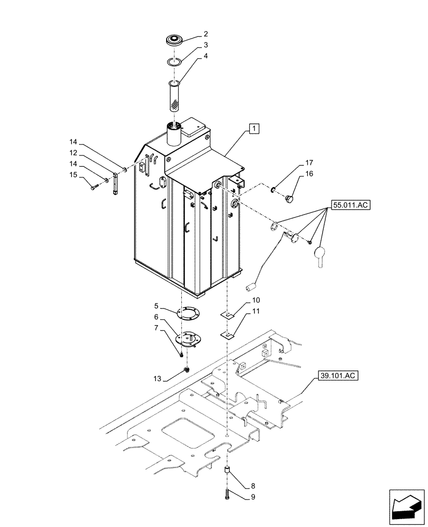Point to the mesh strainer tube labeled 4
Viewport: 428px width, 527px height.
pos(174,95)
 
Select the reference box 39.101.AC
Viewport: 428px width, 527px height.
pos(338,376)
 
